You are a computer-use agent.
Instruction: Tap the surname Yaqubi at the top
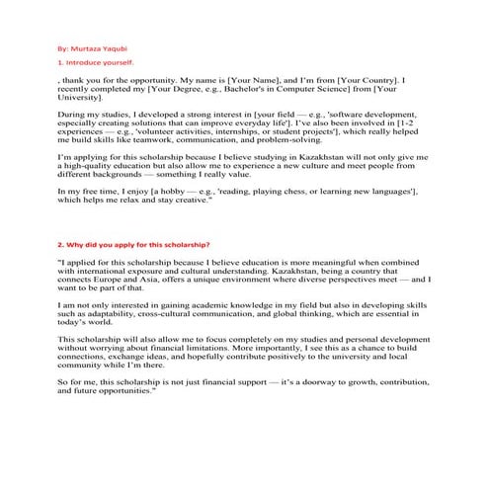click(115, 45)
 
